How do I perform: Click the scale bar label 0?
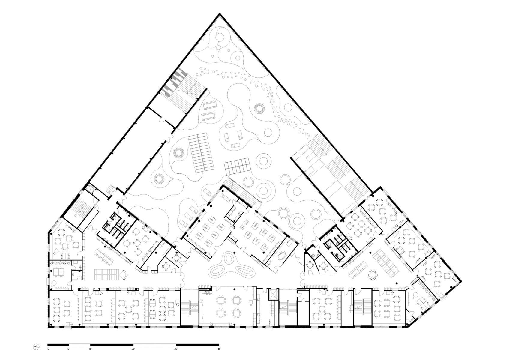tap(48, 349)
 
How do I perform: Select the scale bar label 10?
tap(90, 349)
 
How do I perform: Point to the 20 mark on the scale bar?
tap(133, 349)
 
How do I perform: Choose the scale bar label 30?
tap(176, 349)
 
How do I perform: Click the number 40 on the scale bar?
tap(219, 349)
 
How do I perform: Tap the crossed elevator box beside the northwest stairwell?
tap(89, 189)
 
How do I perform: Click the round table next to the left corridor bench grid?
tap(124, 274)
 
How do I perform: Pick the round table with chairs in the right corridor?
tap(373, 274)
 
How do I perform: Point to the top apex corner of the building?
tap(220, 14)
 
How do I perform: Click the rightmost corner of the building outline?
tap(461, 281)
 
